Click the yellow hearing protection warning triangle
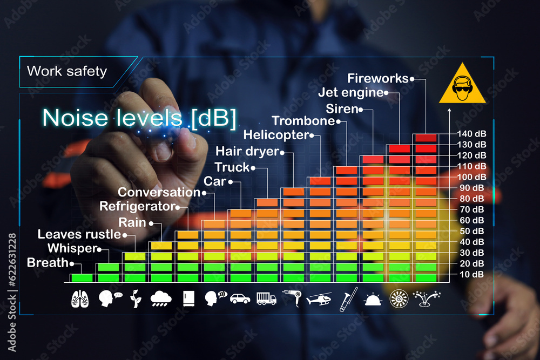(462, 84)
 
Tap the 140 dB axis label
(471, 133)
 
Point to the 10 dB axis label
(471, 274)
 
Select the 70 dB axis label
(471, 209)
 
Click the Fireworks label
(378, 78)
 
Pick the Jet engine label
(350, 92)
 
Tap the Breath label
(48, 263)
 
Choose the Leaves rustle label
(79, 234)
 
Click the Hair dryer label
(247, 151)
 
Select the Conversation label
(159, 192)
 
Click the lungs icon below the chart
(80, 298)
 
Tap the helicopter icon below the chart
(319, 298)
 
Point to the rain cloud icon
(161, 298)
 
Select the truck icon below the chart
(266, 298)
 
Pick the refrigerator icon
(188, 298)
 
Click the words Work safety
(67, 71)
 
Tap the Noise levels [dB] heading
(139, 118)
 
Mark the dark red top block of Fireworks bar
(426, 138)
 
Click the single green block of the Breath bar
(82, 278)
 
